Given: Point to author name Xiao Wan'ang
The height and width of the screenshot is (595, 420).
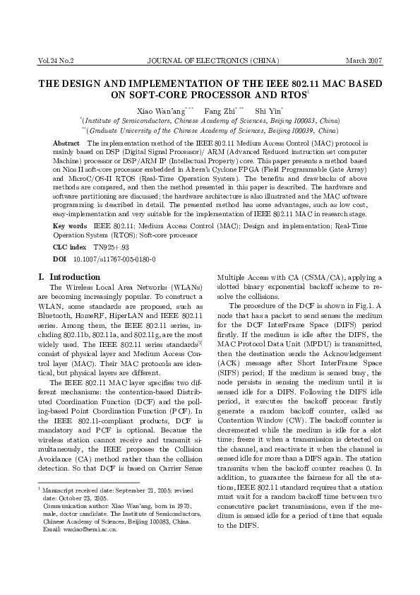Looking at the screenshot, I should click(158, 111).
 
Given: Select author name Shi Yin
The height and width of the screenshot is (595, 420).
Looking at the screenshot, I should click(268, 111).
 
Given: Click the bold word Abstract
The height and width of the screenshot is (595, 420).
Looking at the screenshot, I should click(66, 143).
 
